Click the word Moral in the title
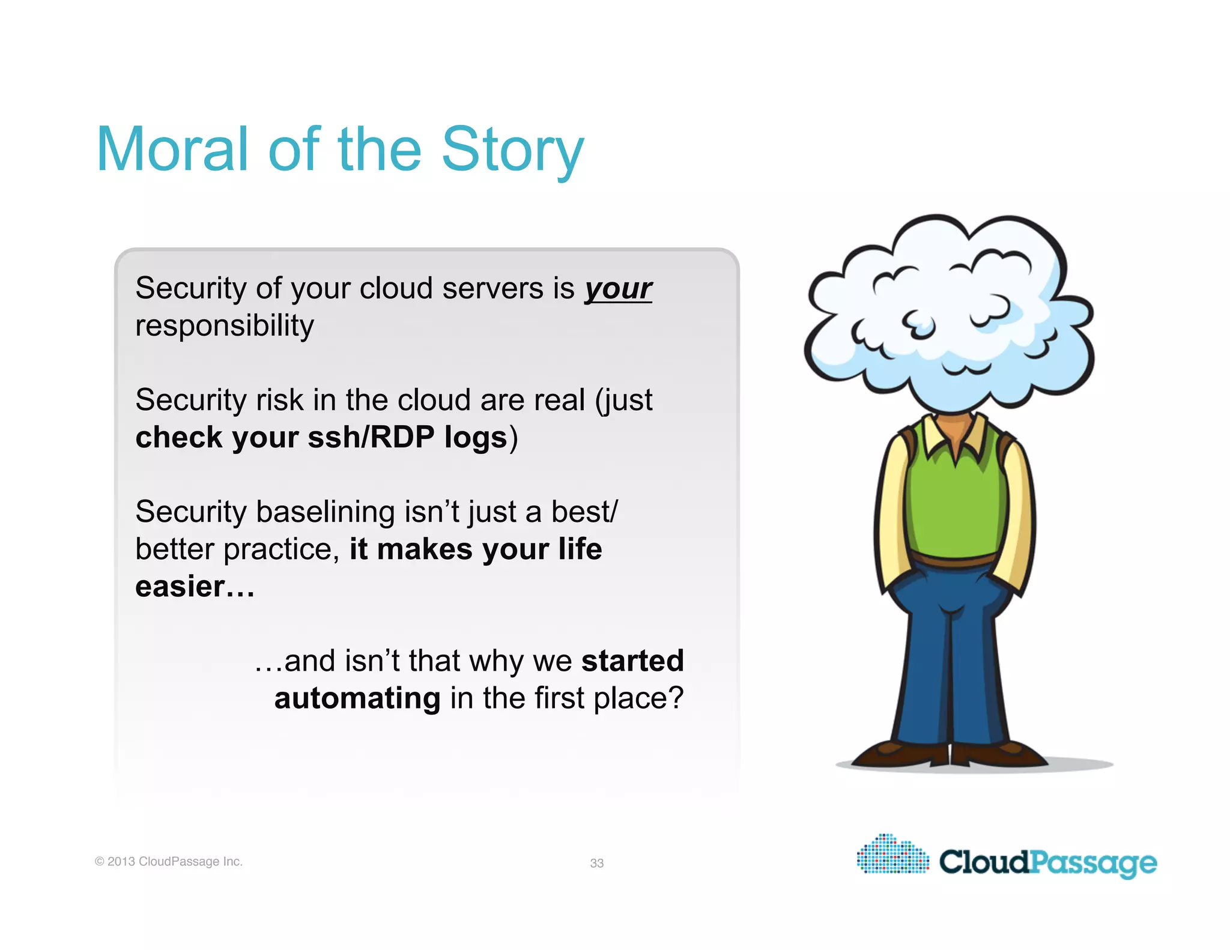tap(172, 150)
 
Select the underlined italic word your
tap(618, 289)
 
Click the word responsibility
tap(224, 326)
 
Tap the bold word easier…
tap(195, 587)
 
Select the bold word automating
tap(357, 698)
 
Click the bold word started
tap(632, 661)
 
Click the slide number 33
tap(596, 863)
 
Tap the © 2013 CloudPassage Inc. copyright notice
tap(169, 861)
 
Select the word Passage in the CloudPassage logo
tap(1093, 863)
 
